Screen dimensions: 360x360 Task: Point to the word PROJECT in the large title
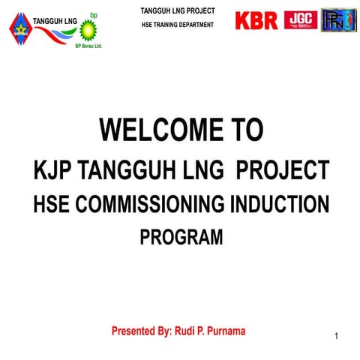point(282,169)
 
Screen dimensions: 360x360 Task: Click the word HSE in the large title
point(52,204)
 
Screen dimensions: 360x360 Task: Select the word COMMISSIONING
point(153,204)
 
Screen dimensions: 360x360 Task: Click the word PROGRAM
point(181,238)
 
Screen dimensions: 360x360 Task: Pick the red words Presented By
point(140,330)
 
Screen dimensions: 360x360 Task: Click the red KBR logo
point(256,20)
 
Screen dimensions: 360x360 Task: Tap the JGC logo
point(300,20)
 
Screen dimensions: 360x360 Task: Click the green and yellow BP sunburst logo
point(88,29)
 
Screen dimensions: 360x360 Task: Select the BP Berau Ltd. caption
point(88,46)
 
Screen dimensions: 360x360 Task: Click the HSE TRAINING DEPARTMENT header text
point(177,25)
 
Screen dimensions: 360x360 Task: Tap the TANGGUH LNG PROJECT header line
point(178,10)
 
